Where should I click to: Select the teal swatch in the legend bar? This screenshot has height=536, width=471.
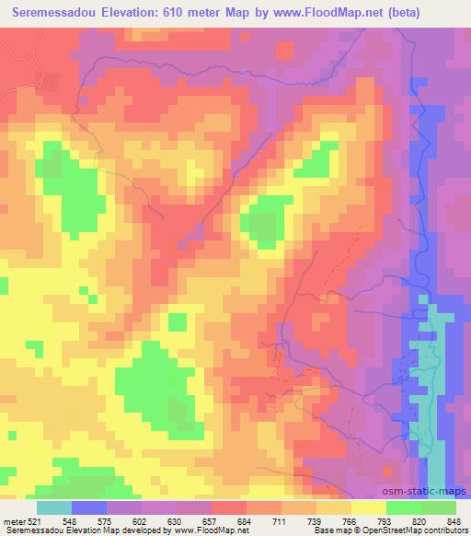pos(54,507)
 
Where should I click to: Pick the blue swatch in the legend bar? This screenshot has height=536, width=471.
pos(89,507)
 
